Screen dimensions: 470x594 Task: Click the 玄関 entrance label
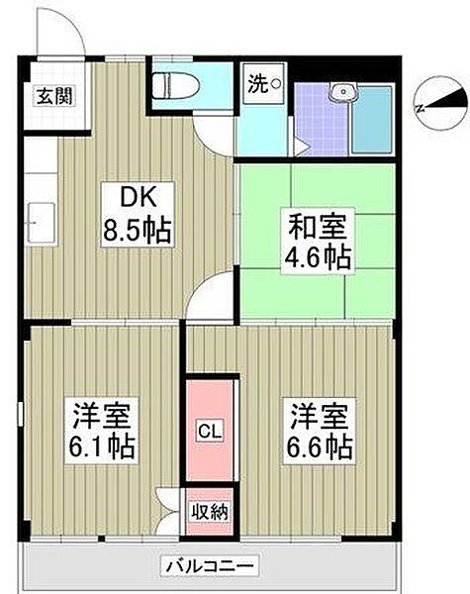coord(54,96)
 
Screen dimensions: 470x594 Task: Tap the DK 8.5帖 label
coord(138,215)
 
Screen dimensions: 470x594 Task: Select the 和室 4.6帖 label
coord(318,241)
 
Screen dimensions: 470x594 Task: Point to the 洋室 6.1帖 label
coord(102,431)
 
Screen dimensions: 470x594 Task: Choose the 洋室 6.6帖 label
coord(319,431)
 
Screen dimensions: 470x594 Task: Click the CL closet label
coord(210,431)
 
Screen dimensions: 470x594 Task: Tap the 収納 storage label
coord(209,512)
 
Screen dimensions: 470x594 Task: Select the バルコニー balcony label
coord(210,566)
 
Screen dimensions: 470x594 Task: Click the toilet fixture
coord(176,86)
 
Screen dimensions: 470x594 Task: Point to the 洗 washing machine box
coord(264,84)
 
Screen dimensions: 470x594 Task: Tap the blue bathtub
coord(371,120)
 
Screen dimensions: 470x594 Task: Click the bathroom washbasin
coord(342,92)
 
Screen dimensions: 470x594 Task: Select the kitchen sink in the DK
coord(41,223)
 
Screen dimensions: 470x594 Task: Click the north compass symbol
coord(441,103)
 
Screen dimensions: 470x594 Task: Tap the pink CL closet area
coord(210,431)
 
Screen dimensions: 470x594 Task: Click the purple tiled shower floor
coord(322,120)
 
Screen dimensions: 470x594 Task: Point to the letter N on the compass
coord(420,109)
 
